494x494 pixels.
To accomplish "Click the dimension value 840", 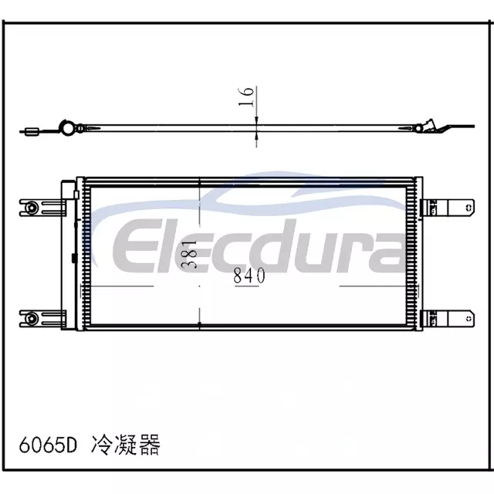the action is (x=249, y=276).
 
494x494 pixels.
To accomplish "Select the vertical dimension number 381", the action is (x=191, y=254).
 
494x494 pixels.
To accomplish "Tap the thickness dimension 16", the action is (x=246, y=96).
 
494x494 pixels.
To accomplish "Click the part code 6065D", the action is (x=48, y=445).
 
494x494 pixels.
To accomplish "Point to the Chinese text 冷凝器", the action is (x=125, y=445).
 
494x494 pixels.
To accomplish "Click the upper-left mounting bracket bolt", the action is (x=31, y=208).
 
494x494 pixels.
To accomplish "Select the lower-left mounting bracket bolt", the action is (x=31, y=318).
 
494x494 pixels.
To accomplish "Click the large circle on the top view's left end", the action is (x=67, y=128).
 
